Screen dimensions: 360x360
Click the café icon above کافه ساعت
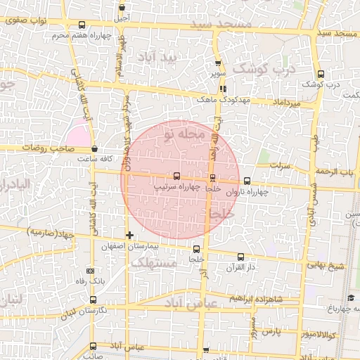[x=95, y=148]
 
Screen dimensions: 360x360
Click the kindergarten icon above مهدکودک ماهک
[x=223, y=89]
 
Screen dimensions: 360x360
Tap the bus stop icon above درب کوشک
[x=321, y=74]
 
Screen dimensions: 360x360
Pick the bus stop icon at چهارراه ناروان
[x=246, y=181]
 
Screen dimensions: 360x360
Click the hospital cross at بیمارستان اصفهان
[x=129, y=234]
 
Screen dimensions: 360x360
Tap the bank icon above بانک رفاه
[x=89, y=271]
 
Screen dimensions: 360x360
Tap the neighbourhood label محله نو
[x=181, y=131]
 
